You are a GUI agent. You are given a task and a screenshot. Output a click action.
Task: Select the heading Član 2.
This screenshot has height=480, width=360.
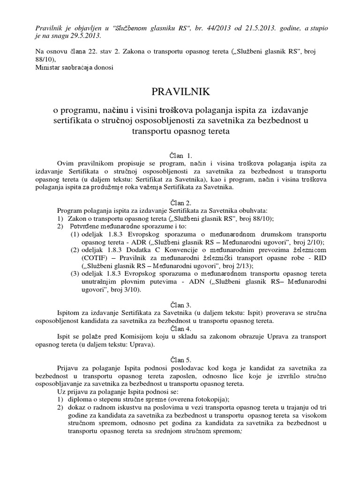point(180,202)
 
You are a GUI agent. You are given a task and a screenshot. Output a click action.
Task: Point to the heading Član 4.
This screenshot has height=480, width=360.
point(180,327)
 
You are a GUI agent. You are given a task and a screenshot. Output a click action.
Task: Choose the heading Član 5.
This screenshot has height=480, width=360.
point(180,360)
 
